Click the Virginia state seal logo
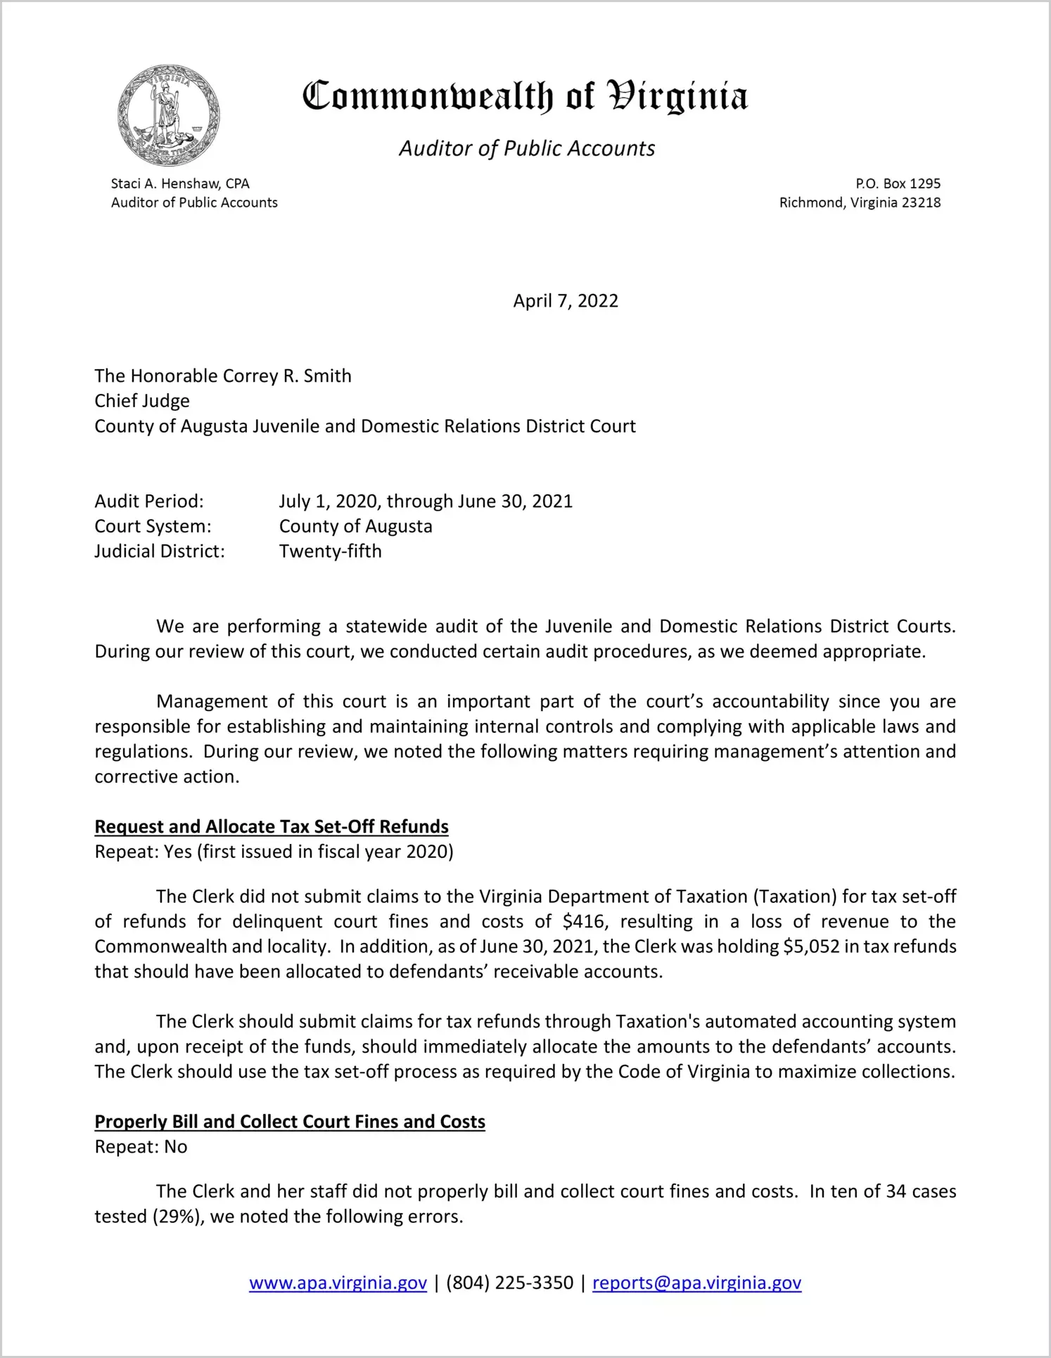pos(169,115)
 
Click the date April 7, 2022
pos(566,301)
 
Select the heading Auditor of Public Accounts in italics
pos(527,148)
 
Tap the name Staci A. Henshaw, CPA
pos(180,184)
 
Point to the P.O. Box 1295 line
pos(898,184)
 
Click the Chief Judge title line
pos(142,401)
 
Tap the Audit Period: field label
pos(149,501)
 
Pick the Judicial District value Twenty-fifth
pos(331,551)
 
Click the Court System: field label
pos(153,526)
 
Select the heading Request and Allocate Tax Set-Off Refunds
pos(272,826)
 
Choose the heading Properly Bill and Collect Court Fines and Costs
pos(290,1122)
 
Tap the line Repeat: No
pos(141,1147)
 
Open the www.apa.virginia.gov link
pos(338,1283)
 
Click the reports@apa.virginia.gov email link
pos(696,1283)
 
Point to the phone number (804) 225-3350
pos(509,1283)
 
